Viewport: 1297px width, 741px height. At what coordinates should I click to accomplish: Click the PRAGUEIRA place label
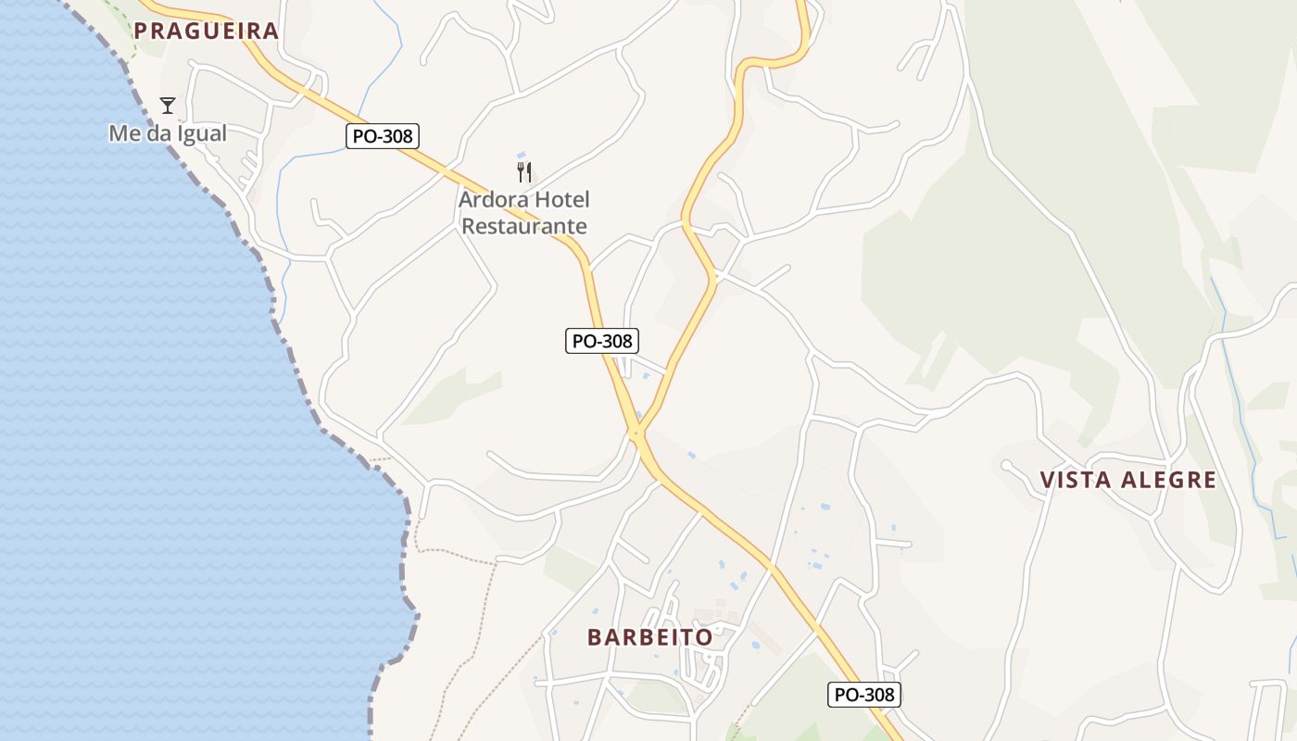(206, 31)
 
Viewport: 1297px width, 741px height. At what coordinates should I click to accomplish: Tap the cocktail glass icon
(168, 105)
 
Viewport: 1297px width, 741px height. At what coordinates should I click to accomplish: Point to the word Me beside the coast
(125, 133)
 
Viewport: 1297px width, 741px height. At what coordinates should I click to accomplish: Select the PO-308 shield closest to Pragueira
(384, 136)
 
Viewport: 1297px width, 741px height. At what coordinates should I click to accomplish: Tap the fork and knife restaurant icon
(524, 171)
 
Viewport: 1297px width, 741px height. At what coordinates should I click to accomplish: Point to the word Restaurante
(524, 226)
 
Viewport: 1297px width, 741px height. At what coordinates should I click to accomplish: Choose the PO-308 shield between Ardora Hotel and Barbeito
(602, 341)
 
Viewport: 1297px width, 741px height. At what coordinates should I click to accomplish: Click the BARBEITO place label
(650, 637)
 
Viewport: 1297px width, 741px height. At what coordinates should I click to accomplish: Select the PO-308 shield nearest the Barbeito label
(864, 695)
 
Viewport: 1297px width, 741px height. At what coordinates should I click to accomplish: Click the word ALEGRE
(1169, 480)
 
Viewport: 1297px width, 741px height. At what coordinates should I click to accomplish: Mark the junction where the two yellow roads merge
(636, 433)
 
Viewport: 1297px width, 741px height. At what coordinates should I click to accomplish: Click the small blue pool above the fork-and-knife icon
(522, 154)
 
